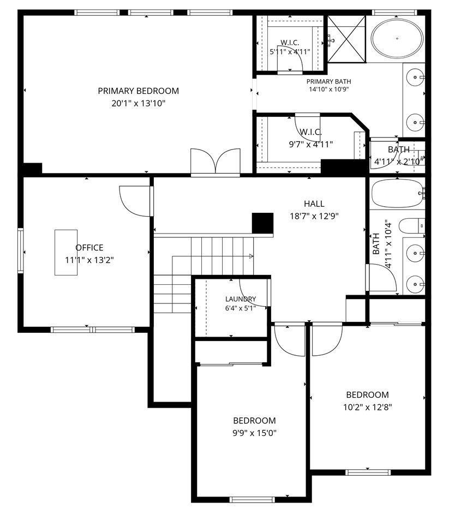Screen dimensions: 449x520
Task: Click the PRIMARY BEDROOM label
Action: [x=138, y=91]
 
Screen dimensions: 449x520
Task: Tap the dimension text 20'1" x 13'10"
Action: [x=138, y=104]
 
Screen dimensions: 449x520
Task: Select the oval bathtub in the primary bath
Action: [x=397, y=38]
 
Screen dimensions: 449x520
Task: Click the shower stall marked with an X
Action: [x=346, y=39]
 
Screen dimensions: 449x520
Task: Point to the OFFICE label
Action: [x=89, y=248]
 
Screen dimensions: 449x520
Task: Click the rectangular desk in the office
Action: [x=66, y=253]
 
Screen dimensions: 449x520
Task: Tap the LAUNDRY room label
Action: [x=241, y=299]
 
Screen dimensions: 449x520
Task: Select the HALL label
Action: [x=314, y=204]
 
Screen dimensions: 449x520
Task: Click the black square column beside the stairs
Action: [x=262, y=223]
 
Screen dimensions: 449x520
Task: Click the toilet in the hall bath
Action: [x=411, y=226]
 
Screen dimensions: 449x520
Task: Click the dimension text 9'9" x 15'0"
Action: [x=254, y=433]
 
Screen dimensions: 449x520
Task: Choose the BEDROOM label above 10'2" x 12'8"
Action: [x=367, y=395]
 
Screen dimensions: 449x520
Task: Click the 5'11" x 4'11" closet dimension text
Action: [x=290, y=52]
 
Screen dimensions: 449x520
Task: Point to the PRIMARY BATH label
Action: [x=328, y=82]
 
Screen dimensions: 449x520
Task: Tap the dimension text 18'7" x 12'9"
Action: [x=314, y=216]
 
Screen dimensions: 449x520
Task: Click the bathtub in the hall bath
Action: [x=397, y=194]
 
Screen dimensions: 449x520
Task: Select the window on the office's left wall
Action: [x=21, y=250]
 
